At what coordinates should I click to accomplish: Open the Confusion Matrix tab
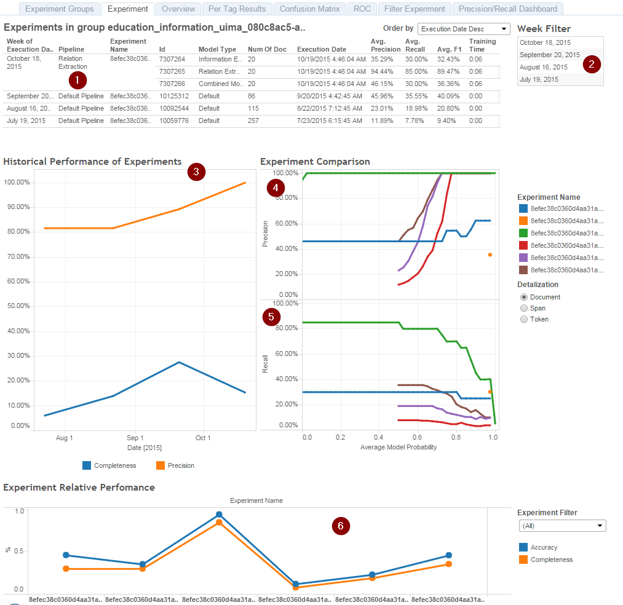[309, 9]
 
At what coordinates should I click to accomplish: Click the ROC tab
[362, 9]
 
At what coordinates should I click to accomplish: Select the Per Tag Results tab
[237, 9]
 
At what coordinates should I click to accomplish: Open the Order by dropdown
[464, 29]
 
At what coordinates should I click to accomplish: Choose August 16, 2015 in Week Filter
[544, 67]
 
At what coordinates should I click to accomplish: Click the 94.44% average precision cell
[382, 71]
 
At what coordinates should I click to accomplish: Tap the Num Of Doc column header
[267, 49]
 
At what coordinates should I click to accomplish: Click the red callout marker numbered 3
[196, 172]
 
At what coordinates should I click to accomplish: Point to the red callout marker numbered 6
[341, 526]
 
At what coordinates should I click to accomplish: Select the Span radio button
[524, 308]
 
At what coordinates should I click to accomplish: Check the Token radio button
[524, 319]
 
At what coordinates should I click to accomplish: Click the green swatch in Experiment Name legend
[523, 233]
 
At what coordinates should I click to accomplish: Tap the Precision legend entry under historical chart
[175, 465]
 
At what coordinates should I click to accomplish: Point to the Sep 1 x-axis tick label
[135, 438]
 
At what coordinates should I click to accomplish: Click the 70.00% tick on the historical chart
[18, 256]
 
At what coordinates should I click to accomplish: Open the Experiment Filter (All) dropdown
[562, 526]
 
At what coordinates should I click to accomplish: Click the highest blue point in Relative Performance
[219, 515]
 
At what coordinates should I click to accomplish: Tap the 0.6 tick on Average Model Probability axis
[417, 437]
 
